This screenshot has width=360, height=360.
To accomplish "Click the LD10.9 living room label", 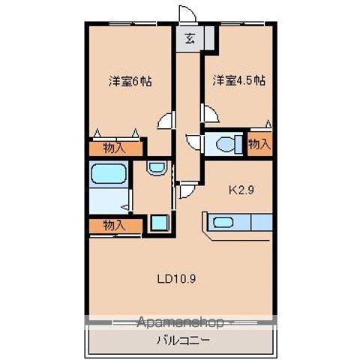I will (x=177, y=280).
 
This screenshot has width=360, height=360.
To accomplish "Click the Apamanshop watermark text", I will (x=180, y=322).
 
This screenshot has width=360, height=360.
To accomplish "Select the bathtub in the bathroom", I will (x=107, y=175).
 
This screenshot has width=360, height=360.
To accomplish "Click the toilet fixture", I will (x=223, y=142).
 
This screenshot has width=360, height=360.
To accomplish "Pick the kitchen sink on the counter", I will (x=224, y=222).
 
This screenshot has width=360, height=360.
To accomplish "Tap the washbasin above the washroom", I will (x=156, y=168).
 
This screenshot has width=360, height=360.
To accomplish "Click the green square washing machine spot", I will (x=157, y=222).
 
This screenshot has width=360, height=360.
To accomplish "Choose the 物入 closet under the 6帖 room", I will (x=115, y=148).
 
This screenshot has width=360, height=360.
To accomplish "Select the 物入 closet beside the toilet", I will (x=259, y=143).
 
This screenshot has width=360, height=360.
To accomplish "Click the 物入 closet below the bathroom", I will (x=113, y=225).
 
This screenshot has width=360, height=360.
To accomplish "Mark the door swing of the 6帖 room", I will (x=166, y=120).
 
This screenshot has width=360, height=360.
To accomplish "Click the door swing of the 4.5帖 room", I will (x=211, y=114).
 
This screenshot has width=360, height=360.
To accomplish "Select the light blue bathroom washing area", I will (x=107, y=201).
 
